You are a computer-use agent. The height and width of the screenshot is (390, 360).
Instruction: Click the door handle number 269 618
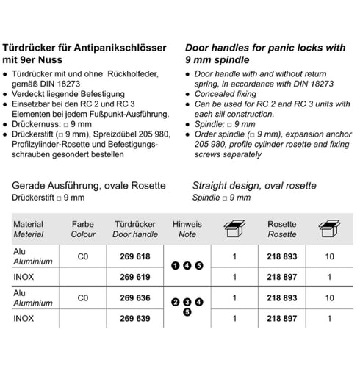pyautogui.click(x=133, y=257)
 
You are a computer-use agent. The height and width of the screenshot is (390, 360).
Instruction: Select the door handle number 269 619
pyautogui.click(x=133, y=277)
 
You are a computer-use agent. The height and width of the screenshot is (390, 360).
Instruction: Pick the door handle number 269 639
pyautogui.click(x=133, y=319)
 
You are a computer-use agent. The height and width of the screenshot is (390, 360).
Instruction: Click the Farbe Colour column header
pyautogui.click(x=83, y=229)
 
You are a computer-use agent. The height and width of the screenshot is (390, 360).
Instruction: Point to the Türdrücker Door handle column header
pyautogui.click(x=133, y=229)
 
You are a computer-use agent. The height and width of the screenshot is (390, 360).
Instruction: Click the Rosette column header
pyautogui.click(x=281, y=229)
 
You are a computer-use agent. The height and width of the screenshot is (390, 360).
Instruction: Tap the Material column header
pyautogui.click(x=29, y=229)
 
